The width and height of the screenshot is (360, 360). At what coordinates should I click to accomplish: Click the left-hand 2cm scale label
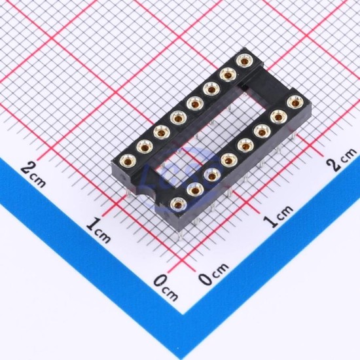coord(33,174)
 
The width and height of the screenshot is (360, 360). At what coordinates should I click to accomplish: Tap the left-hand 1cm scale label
coord(98,230)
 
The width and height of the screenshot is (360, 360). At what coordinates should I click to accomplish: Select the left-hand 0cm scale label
coord(166,288)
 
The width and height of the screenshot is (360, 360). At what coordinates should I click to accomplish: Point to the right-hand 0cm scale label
coord(214,274)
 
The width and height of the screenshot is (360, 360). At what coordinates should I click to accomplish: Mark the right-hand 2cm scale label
coord(342,160)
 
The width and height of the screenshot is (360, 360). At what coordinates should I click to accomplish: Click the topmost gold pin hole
coord(245,61)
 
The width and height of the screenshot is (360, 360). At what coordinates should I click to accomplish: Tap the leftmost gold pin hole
coord(128,162)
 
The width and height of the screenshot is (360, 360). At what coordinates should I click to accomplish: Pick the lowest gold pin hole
coord(179,204)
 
